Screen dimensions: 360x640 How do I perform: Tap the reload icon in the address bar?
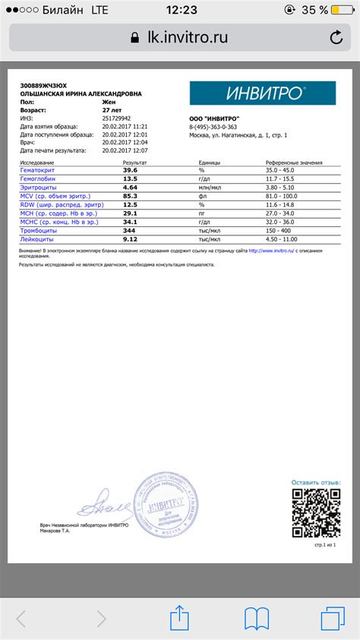(336, 37)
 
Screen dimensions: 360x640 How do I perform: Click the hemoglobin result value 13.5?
(130, 178)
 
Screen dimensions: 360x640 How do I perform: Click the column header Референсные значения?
(293, 163)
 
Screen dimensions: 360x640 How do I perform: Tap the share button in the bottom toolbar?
(180, 616)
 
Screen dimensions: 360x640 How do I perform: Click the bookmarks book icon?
(259, 617)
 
